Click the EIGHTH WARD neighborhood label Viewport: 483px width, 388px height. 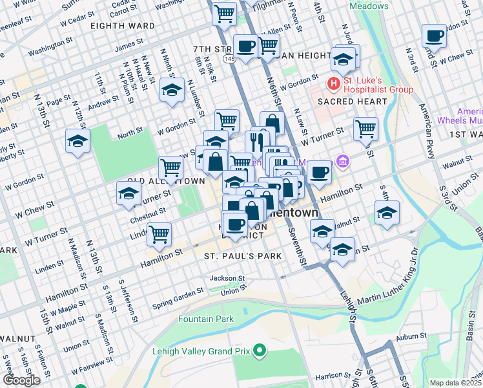123,26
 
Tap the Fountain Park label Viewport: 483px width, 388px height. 206,319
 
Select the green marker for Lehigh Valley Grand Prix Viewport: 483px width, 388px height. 260,352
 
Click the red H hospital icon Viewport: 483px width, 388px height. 333,83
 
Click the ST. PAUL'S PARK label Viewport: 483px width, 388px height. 243,256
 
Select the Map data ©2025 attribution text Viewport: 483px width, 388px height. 455,383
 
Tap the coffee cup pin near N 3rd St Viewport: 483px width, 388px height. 434,36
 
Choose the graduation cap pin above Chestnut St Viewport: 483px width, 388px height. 128,193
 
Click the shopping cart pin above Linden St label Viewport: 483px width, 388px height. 159,235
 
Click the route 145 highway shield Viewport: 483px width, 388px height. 229,59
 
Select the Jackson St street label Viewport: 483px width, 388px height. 227,279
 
